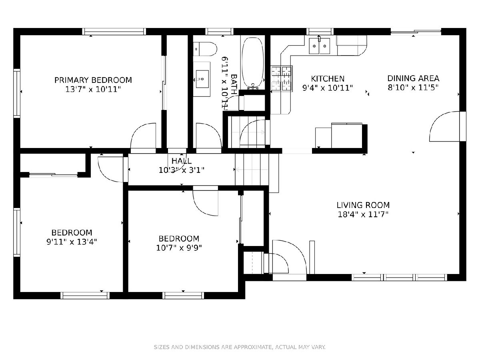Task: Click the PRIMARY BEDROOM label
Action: pos(93,80)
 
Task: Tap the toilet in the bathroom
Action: pos(205,49)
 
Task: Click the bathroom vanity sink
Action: pos(202,79)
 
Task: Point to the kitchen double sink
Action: pos(319,46)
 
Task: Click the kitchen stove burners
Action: pos(281,78)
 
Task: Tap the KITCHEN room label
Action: pos(328,79)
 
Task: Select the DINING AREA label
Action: pos(413,78)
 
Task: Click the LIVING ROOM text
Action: pos(363,205)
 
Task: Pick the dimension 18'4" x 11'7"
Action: pos(363,214)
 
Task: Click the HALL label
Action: pos(182,161)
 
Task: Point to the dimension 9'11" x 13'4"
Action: pos(72,242)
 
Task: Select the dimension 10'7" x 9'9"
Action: pos(179,248)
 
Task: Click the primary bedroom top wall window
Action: pos(114,32)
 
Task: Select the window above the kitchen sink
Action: pos(320,32)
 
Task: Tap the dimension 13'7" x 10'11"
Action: pos(93,89)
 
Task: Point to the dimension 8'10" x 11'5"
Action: pos(413,88)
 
